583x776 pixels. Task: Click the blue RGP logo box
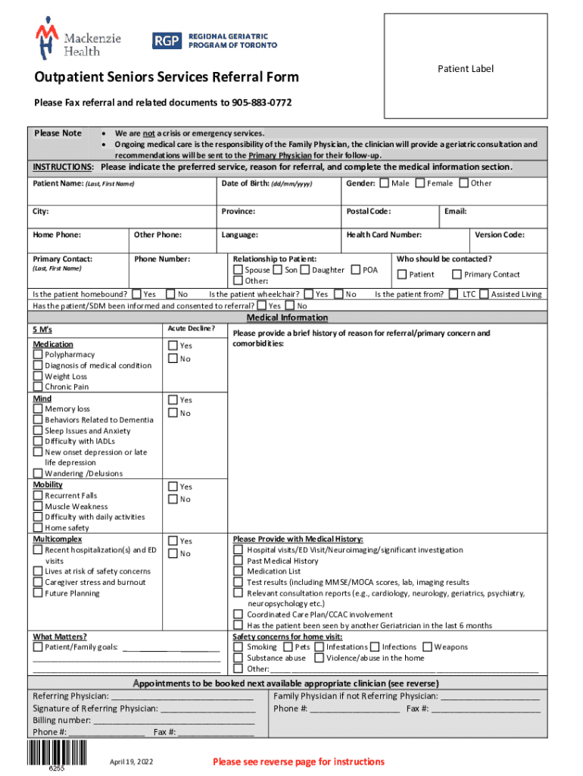click(167, 40)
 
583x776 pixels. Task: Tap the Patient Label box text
click(465, 69)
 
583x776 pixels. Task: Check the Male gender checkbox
click(385, 183)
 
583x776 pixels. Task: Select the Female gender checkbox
click(420, 183)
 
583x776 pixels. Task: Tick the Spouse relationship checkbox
click(238, 270)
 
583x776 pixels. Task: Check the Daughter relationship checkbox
click(304, 270)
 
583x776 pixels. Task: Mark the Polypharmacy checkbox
click(38, 355)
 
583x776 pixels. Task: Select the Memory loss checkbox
click(38, 409)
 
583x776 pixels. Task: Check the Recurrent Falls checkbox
click(38, 496)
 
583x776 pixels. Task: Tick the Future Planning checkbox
click(38, 593)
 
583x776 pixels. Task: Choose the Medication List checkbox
click(238, 571)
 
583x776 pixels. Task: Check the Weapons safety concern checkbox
click(427, 647)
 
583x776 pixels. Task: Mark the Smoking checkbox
click(238, 647)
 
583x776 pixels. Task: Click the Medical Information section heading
click(288, 318)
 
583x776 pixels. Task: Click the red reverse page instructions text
click(298, 762)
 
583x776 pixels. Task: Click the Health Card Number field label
click(384, 235)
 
